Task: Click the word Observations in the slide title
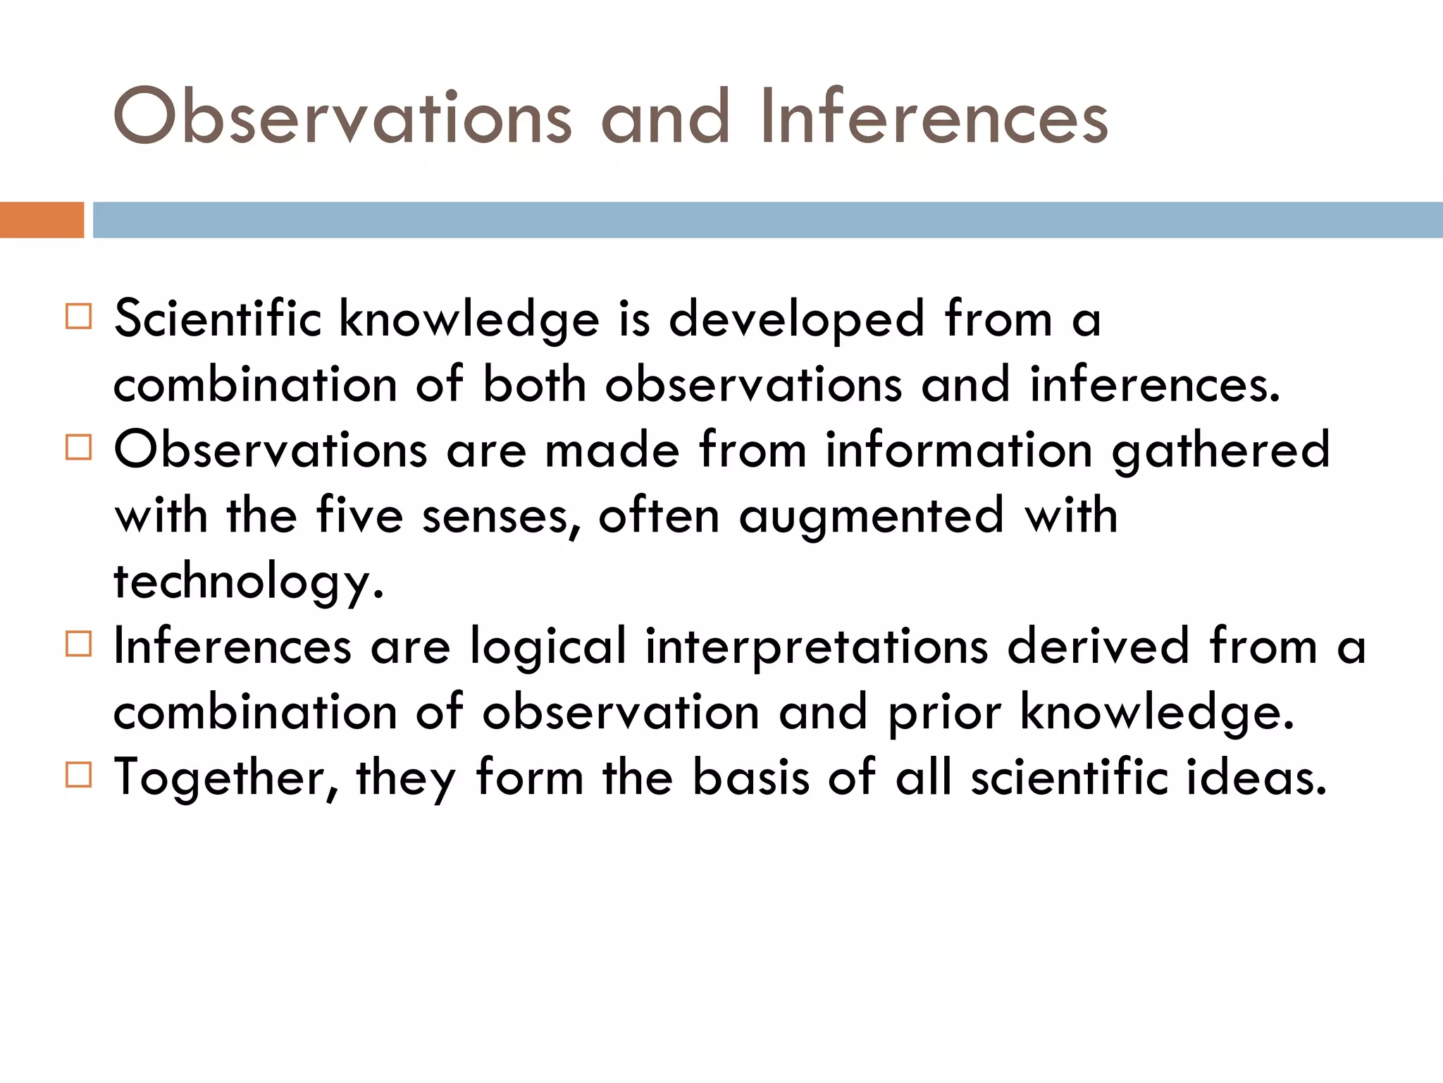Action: tap(342, 117)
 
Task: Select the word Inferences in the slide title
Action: tap(934, 117)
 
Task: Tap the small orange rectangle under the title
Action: tap(42, 220)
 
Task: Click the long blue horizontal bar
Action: tap(767, 220)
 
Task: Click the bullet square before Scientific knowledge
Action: tap(78, 317)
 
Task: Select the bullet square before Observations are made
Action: tap(78, 447)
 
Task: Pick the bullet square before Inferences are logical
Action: tap(78, 644)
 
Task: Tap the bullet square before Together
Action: tap(78, 774)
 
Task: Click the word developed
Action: tap(796, 319)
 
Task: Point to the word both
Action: tap(534, 385)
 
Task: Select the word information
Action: tap(959, 450)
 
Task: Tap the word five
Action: tap(359, 515)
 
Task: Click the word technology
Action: tap(249, 582)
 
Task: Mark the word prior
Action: tap(944, 713)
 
